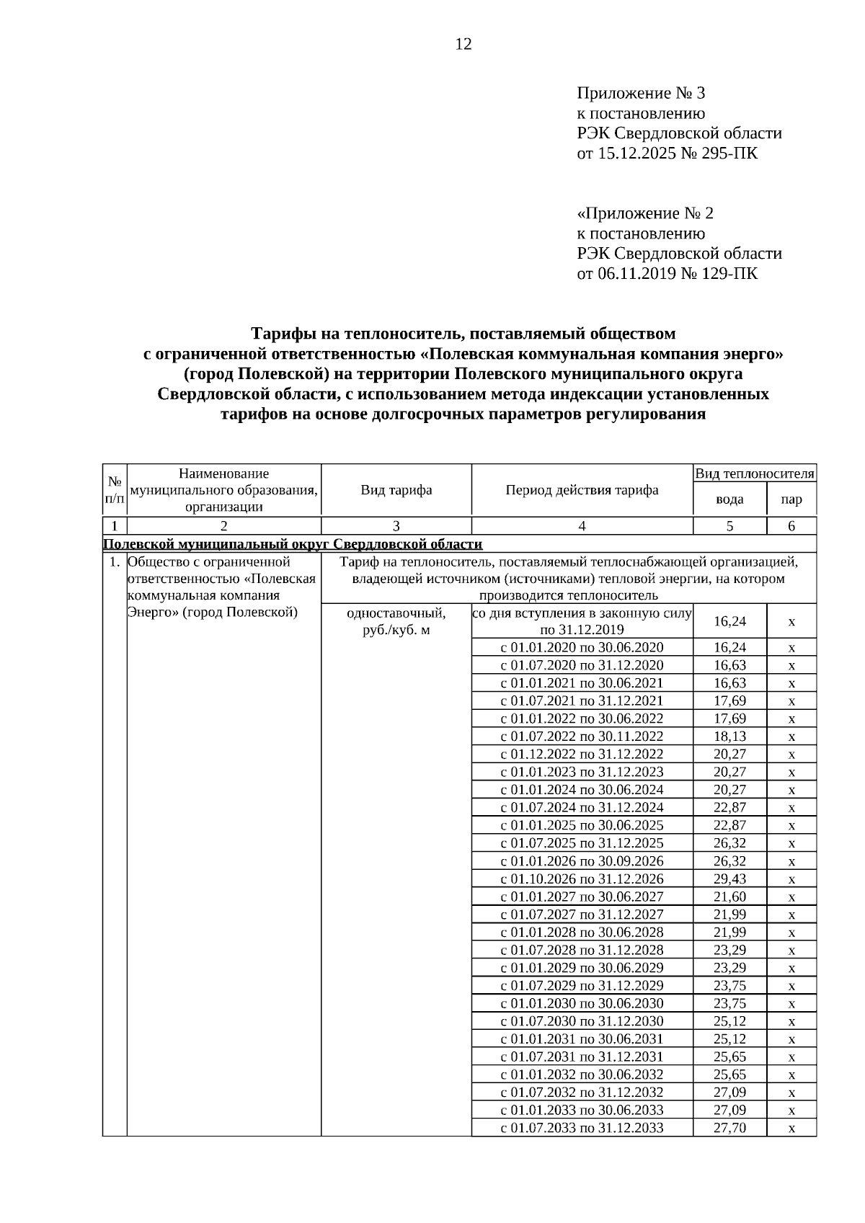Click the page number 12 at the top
pos(463,45)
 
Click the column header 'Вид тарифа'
pos(396,491)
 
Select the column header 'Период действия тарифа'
pos(582,491)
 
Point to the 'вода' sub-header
pos(729,499)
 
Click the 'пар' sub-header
pos(791,499)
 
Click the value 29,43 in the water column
pos(729,879)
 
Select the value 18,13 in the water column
pos(729,737)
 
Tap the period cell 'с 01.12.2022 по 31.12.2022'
pos(582,755)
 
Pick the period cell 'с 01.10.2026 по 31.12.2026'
pos(582,879)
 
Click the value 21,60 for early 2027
pos(729,897)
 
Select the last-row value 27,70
pos(729,1129)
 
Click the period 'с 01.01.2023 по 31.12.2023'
pos(582,773)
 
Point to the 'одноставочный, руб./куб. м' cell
pos(396,622)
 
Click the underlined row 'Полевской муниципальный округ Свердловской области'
pos(293,544)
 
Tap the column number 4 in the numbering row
pos(582,526)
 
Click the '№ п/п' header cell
pos(115,490)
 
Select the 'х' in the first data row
pos(791,622)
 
